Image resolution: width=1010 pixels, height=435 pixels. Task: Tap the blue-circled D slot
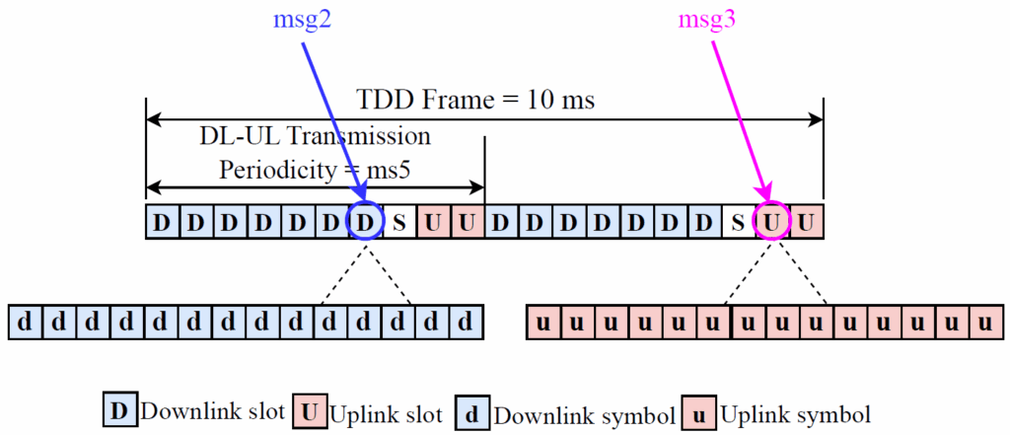tap(366, 223)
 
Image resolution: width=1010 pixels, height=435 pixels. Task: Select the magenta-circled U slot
tap(772, 223)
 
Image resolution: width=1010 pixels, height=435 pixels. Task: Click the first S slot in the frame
tap(399, 223)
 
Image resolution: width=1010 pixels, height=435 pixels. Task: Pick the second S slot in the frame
tap(738, 223)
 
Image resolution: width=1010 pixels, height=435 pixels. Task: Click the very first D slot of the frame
tap(162, 223)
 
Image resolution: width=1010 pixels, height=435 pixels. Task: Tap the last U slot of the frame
tap(807, 223)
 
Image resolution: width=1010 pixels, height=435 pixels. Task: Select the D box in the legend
tap(120, 409)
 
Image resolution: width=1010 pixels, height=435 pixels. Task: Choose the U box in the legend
tap(311, 409)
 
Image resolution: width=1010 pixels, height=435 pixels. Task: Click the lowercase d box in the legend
tap(472, 409)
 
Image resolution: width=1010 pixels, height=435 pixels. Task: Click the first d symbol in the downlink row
tap(26, 322)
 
